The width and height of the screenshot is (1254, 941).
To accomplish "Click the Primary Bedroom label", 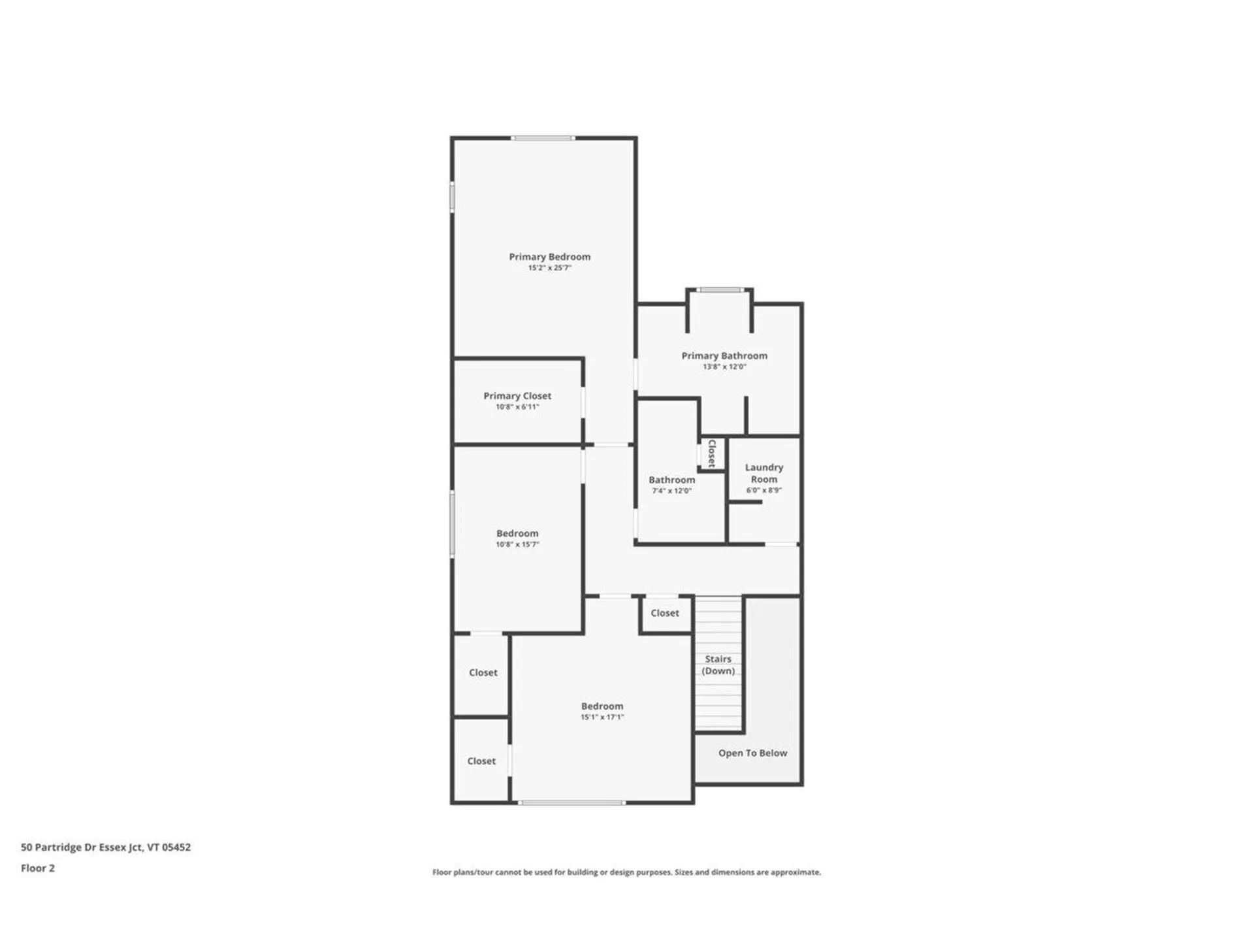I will point(549,257).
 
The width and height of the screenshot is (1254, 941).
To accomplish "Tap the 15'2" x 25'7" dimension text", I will point(549,268).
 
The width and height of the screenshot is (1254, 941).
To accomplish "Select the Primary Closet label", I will point(517,396).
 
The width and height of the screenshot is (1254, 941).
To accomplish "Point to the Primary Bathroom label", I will point(724,355).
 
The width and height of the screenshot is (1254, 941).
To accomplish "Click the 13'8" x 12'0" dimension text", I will point(724,367).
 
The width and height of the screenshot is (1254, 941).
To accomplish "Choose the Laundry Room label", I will point(764,473).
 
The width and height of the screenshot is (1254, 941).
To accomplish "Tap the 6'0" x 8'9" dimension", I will point(764,490).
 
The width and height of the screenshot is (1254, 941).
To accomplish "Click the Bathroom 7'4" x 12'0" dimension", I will point(671,491).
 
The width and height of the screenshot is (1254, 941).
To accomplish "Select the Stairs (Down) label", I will point(718,665).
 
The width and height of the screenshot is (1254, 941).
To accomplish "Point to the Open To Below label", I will point(752,753).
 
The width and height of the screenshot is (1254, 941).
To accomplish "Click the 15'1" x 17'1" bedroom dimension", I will point(602,717).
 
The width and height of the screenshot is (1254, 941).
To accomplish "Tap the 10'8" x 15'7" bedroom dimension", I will point(517,544).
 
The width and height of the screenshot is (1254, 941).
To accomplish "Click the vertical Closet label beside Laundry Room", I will point(712,453).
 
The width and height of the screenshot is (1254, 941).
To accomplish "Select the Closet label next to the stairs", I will point(665,613).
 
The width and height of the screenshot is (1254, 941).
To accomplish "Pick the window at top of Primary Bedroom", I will point(543,138).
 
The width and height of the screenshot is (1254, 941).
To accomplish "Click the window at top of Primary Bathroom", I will point(720,289).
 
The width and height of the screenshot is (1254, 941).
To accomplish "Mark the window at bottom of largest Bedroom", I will point(571,802).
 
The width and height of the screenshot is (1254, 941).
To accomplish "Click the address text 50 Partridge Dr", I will point(106,847).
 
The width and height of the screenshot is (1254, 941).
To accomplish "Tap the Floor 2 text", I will point(38,868).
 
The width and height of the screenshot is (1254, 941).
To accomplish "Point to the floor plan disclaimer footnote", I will point(626,872).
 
